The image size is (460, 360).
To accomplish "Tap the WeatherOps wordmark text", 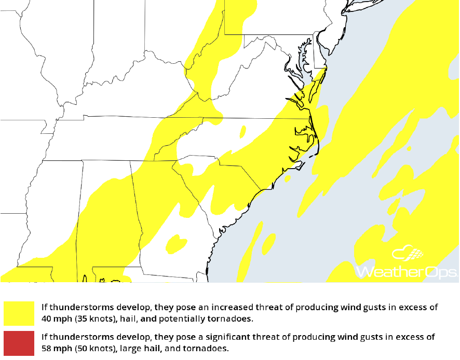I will [x=407, y=272].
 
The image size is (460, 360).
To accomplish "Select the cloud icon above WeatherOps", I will [x=408, y=254].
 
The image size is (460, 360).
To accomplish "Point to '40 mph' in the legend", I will [x=55, y=318].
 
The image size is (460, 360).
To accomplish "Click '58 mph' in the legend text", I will [x=55, y=348].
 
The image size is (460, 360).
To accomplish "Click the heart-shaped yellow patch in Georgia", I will [x=175, y=242].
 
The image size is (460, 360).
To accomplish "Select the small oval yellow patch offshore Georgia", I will [x=268, y=242].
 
